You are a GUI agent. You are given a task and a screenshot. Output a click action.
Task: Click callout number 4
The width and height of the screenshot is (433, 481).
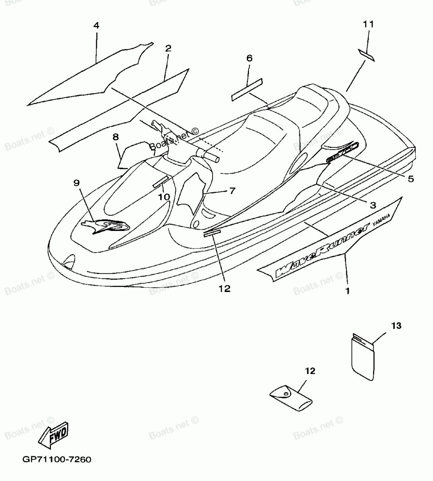pos(96,26)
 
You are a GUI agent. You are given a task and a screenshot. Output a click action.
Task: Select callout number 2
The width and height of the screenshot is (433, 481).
pos(168,48)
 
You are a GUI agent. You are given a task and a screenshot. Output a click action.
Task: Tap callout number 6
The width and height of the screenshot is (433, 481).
pos(249,58)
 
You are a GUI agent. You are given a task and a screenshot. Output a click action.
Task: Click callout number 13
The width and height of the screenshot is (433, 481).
pos(397,325)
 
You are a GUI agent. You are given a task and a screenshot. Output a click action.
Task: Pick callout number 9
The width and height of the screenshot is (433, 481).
pos(77,183)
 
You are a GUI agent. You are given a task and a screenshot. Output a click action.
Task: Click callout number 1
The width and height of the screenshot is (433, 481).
pos(347,290)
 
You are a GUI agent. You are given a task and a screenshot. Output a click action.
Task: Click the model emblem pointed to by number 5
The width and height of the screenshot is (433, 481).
pos(342,153)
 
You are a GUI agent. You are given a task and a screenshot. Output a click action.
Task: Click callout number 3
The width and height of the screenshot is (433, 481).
pos(372,204)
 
